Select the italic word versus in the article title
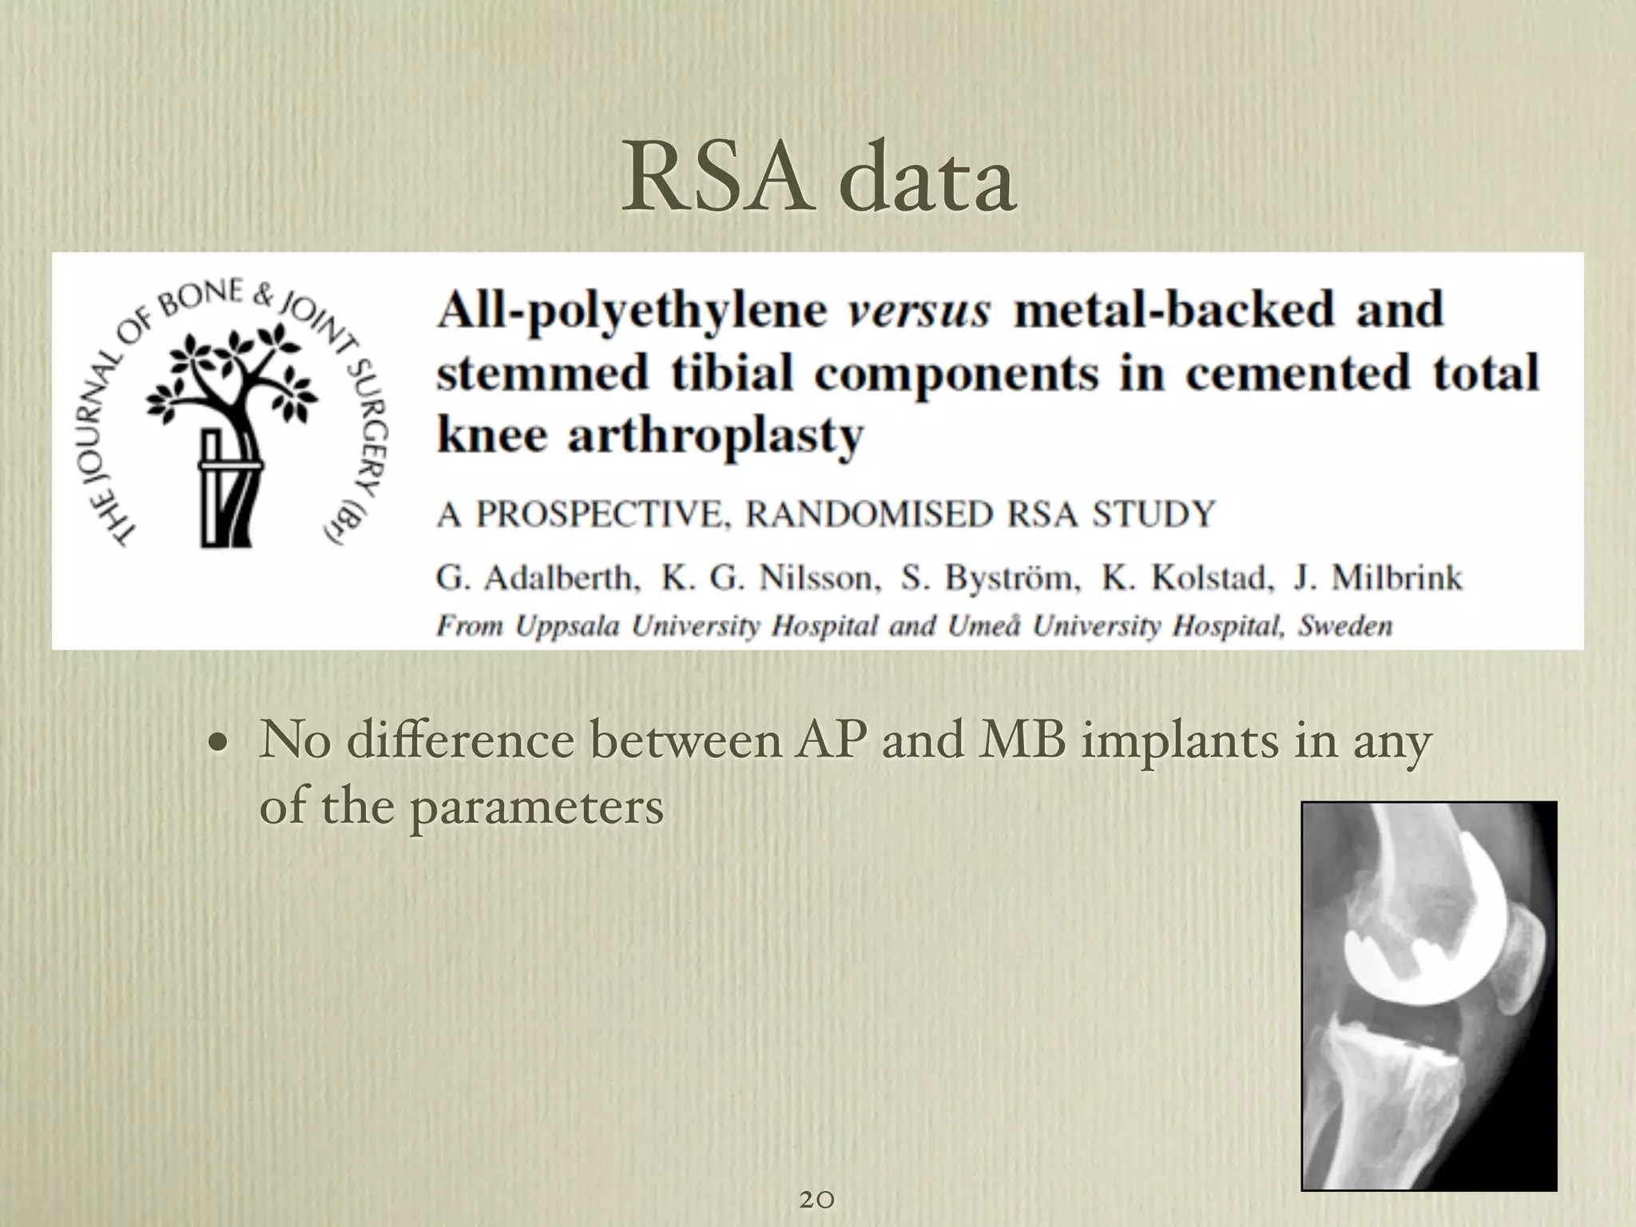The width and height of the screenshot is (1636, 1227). point(918,310)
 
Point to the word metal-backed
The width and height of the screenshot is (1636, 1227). point(1174,310)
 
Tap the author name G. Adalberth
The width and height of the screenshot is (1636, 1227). point(537,577)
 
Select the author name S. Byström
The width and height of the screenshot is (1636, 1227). point(991,577)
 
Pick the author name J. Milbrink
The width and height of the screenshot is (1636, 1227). point(1378,577)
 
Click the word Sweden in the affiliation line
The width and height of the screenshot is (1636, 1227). point(1345,625)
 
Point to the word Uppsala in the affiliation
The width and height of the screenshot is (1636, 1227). point(566,626)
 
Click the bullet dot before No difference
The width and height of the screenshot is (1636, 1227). point(215,744)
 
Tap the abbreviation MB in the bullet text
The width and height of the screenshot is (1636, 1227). point(1022,741)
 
